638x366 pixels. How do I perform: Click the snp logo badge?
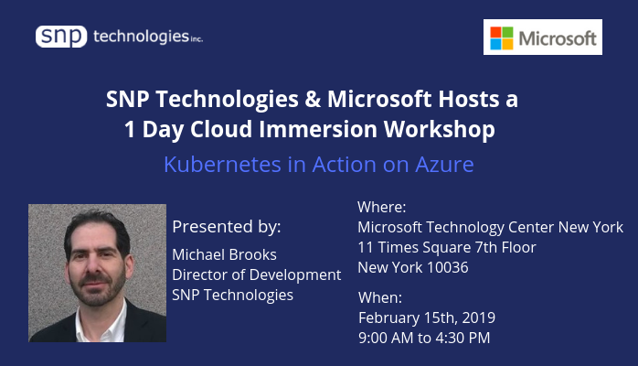pyautogui.click(x=61, y=37)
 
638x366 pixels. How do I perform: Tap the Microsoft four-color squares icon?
pyautogui.click(x=502, y=38)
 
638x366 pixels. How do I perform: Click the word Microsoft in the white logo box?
pyautogui.click(x=558, y=38)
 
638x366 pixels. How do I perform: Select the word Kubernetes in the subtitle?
pyautogui.click(x=222, y=165)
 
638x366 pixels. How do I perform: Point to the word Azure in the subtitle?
pyautogui.click(x=444, y=165)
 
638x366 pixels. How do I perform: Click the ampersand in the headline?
pyautogui.click(x=313, y=100)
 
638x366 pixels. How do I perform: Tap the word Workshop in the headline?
pyautogui.click(x=440, y=130)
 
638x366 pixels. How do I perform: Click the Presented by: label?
pyautogui.click(x=227, y=227)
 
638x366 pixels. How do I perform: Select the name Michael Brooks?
pyautogui.click(x=224, y=255)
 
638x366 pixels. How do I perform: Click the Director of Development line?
pyautogui.click(x=256, y=275)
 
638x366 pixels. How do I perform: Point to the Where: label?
pyautogui.click(x=382, y=207)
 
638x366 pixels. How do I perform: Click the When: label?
pyautogui.click(x=380, y=297)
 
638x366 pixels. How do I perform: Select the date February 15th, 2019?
pyautogui.click(x=427, y=318)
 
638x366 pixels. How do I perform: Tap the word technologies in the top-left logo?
pyautogui.click(x=141, y=37)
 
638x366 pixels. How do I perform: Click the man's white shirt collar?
pyautogui.click(x=101, y=324)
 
